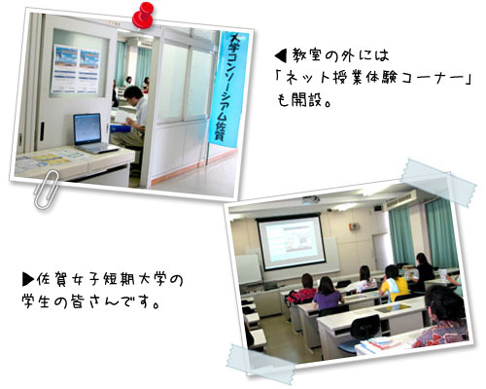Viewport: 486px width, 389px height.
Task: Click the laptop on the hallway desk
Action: pos(90,132)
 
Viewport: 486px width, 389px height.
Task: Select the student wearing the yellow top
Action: pos(394,284)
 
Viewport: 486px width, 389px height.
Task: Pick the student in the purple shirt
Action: pos(327,292)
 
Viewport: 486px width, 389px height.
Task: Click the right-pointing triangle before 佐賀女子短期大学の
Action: pos(28,280)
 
